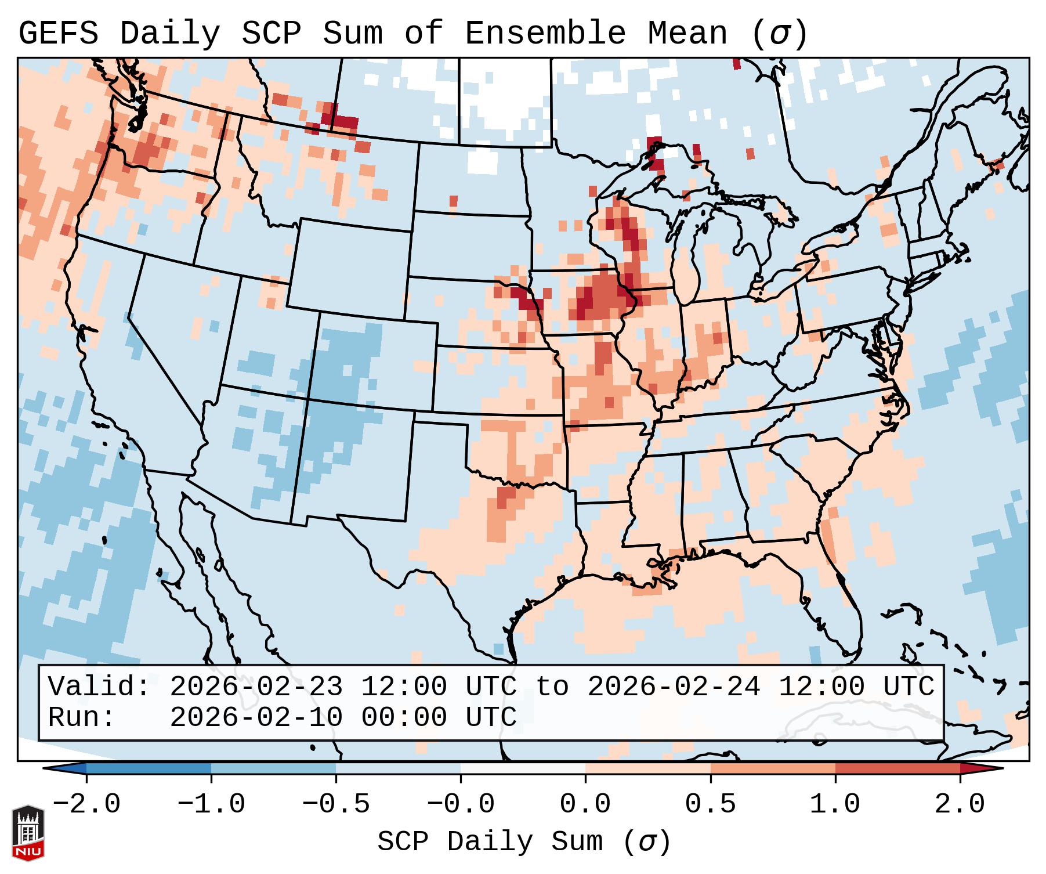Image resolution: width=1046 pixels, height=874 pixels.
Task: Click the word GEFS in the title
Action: [x=58, y=33]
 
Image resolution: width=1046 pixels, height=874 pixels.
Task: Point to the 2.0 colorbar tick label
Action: [x=960, y=804]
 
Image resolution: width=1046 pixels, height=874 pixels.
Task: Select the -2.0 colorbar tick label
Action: [x=86, y=804]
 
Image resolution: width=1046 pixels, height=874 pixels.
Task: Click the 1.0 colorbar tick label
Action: [x=835, y=804]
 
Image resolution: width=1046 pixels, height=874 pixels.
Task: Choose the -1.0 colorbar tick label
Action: [x=211, y=804]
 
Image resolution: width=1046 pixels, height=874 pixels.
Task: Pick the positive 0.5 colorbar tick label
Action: [x=710, y=804]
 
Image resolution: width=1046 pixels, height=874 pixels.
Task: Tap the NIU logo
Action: [x=28, y=833]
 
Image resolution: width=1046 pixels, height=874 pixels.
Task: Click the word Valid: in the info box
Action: [x=99, y=687]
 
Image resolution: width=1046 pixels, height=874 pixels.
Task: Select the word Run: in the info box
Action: [x=81, y=717]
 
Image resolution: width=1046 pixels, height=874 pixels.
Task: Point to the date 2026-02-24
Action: [x=674, y=687]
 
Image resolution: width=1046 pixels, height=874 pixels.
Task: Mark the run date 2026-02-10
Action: [x=256, y=717]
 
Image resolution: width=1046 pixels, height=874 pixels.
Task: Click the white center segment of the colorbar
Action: [x=523, y=768]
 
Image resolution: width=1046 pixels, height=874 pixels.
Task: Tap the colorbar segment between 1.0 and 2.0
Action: [x=897, y=768]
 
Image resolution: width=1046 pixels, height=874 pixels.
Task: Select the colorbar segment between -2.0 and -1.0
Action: [x=149, y=768]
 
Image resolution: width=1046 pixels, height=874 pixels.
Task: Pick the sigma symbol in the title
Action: [x=779, y=33]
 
